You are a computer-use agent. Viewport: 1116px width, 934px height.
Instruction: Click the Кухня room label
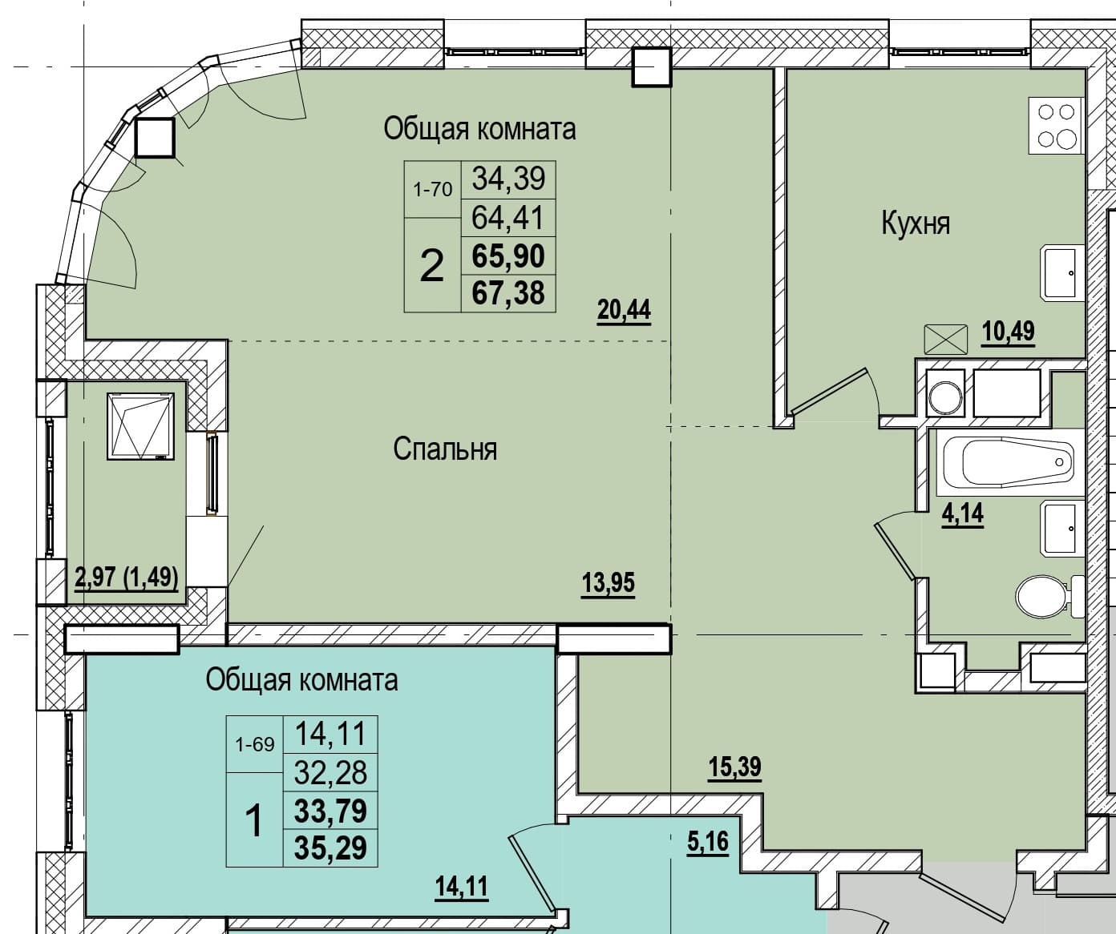(x=916, y=223)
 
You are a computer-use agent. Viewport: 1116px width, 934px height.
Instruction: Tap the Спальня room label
(x=445, y=449)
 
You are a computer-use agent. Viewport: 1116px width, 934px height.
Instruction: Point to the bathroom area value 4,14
(x=963, y=513)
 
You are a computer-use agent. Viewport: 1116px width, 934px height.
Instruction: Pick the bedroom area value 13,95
(x=609, y=582)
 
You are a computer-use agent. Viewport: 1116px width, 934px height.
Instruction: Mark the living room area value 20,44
(x=624, y=310)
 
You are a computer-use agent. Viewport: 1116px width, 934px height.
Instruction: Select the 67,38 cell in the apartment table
(x=508, y=293)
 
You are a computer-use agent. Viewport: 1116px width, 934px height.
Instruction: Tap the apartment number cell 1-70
(x=433, y=189)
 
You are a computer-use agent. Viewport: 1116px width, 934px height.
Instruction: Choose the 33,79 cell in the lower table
(x=330, y=810)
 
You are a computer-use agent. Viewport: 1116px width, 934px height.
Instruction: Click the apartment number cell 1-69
(x=255, y=744)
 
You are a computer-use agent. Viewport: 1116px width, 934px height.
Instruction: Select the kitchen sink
(x=1061, y=272)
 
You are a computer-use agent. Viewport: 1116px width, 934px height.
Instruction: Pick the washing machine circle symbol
(x=945, y=398)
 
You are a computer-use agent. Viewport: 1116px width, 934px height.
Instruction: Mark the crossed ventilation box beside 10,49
(x=946, y=340)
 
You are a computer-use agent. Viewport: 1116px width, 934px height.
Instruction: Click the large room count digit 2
(x=432, y=266)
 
